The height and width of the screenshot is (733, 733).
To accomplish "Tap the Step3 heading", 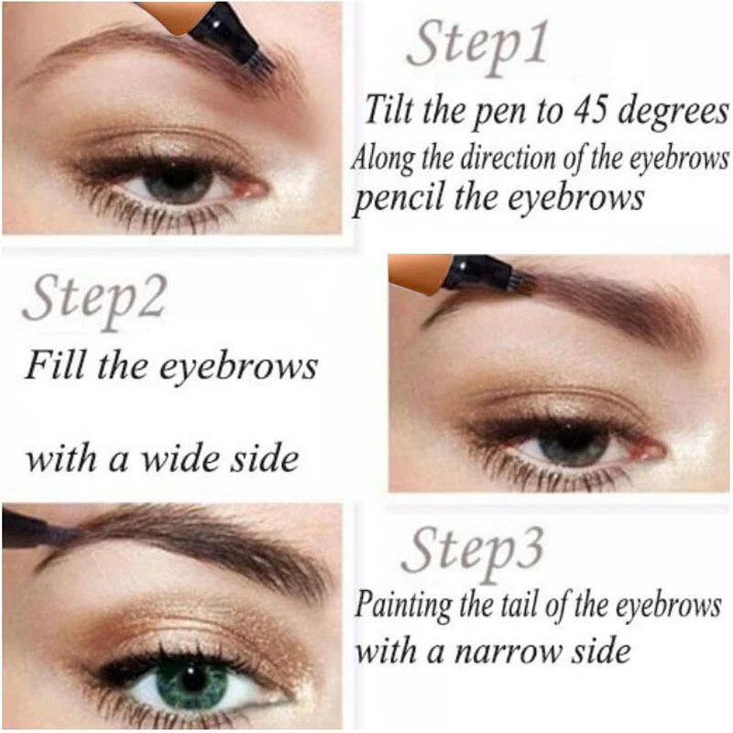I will coord(473,553).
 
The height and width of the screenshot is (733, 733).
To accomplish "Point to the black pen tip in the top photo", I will coord(229,32).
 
